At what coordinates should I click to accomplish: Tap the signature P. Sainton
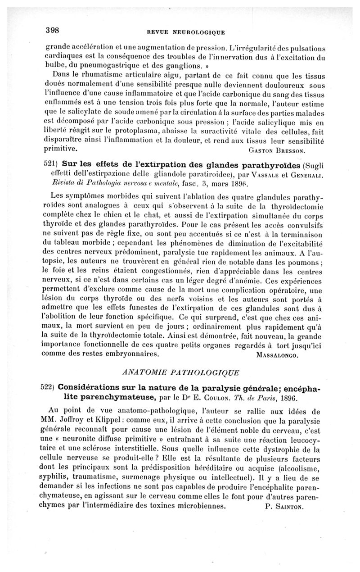tap(283, 506)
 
